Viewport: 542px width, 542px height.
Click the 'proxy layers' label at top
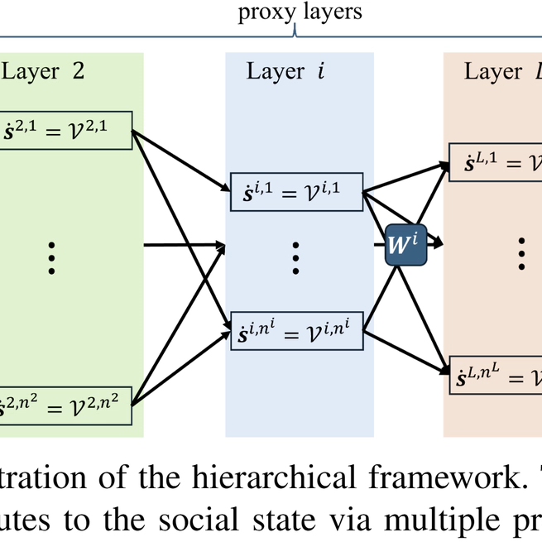click(300, 12)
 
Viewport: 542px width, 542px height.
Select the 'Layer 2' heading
click(42, 72)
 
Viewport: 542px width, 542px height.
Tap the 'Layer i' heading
click(285, 72)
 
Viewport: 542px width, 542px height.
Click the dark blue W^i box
click(405, 244)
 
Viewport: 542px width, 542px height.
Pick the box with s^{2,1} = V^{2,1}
click(66, 130)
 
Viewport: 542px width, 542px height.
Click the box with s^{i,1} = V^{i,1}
click(295, 194)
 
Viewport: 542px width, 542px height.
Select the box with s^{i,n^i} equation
click(295, 329)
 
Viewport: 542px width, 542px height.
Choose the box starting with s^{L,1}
click(495, 162)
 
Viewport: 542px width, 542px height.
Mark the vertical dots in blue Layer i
click(295, 258)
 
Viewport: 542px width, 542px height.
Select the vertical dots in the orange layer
click(521, 252)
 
